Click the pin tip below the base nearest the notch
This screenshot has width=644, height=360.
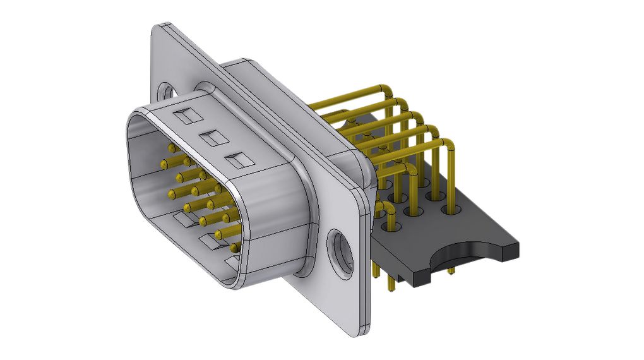click(451, 272)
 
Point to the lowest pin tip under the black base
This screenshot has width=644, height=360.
click(392, 289)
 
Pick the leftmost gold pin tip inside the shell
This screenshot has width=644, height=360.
click(164, 164)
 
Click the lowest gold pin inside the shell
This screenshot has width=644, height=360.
click(236, 246)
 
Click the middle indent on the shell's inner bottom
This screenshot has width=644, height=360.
click(208, 241)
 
